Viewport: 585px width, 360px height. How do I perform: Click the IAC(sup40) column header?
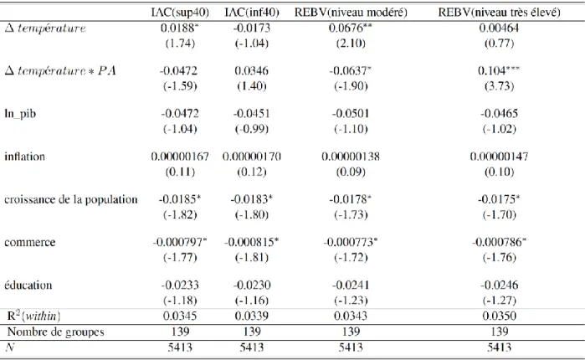(x=180, y=13)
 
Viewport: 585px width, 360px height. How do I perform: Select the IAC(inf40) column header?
(x=252, y=13)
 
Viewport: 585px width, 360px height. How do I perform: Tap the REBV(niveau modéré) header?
(x=351, y=13)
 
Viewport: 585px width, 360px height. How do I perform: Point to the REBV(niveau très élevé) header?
(x=499, y=13)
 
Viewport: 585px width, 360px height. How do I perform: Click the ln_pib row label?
(x=20, y=113)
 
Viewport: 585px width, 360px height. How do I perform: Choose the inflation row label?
(x=24, y=157)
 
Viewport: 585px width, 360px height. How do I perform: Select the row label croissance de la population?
(x=71, y=199)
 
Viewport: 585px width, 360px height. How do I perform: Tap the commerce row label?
(x=30, y=242)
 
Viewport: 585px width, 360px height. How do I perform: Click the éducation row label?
(x=28, y=285)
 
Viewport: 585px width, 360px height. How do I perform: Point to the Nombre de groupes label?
(x=55, y=332)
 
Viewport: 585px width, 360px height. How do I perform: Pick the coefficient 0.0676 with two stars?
(x=351, y=28)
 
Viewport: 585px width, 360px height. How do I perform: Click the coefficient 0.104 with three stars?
(x=499, y=70)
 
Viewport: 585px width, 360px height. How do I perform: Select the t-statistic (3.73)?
(x=499, y=86)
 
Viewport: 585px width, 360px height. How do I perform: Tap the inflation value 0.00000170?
(x=252, y=157)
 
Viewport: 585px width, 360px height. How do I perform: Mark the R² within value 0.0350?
(x=499, y=316)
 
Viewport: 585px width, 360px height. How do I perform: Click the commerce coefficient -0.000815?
(x=251, y=242)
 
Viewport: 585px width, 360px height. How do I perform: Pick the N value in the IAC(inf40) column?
(x=252, y=347)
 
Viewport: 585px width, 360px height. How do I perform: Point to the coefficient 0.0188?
(x=179, y=28)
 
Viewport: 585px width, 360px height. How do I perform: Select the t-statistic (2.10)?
(x=351, y=44)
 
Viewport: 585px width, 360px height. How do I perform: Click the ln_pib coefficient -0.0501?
(x=351, y=113)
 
